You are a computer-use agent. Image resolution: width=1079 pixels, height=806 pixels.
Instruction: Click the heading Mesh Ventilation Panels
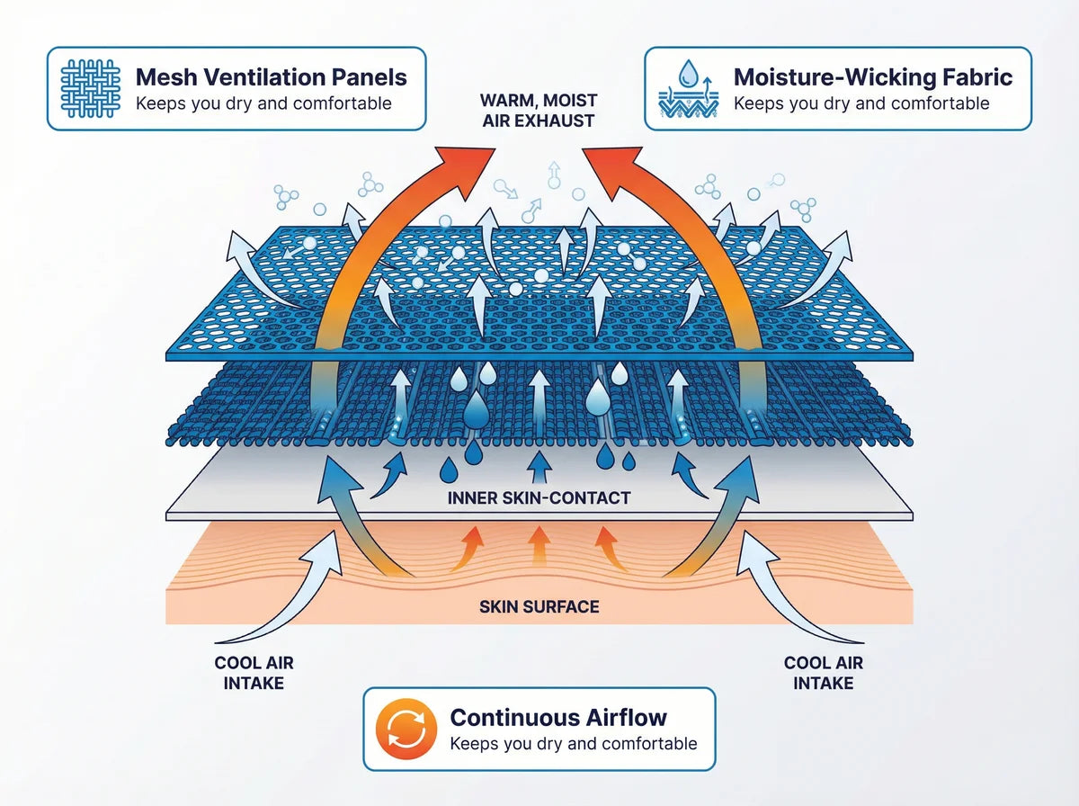point(272,77)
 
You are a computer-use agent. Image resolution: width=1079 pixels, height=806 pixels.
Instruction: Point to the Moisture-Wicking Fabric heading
point(873,77)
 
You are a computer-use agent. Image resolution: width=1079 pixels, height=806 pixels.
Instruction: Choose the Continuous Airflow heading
point(558,717)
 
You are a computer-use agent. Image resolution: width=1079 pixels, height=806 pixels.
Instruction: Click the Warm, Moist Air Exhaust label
point(537,110)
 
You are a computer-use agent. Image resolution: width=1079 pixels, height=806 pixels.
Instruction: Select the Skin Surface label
point(539,607)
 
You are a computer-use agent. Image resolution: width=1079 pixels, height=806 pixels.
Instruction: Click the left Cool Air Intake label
point(254,673)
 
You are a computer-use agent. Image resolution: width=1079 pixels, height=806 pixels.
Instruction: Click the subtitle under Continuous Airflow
point(573,744)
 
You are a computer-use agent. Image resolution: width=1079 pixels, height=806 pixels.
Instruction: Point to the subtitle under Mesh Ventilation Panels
point(263,103)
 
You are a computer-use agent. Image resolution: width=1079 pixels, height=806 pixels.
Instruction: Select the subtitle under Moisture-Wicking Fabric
point(861,103)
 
